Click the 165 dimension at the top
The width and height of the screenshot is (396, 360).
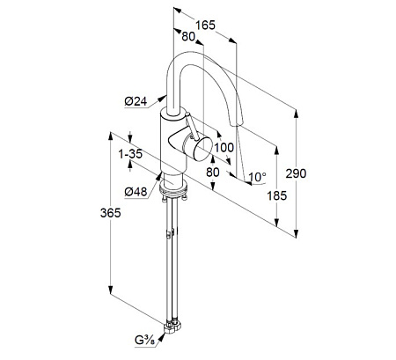point(205,25)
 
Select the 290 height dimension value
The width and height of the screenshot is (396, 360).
point(296,173)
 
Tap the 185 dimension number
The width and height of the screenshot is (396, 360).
point(276,195)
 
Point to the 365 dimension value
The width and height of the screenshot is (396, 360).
point(110,213)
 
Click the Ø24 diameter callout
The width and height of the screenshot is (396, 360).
point(136,101)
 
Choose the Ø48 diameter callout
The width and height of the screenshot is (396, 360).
point(136,192)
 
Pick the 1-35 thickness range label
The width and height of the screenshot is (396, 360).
point(130,154)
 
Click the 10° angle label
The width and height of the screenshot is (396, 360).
point(257,177)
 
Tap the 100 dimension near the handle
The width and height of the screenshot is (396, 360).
point(224,148)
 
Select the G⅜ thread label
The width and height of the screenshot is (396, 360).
point(144,341)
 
